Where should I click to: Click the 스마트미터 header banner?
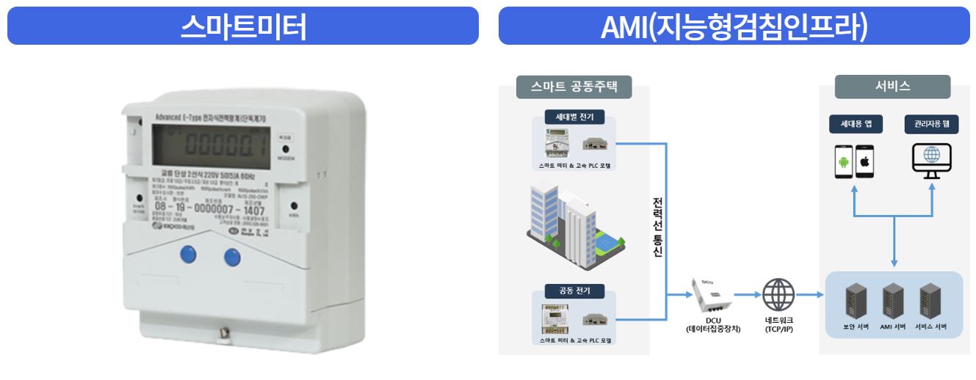242,26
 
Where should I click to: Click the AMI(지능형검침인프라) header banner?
734,26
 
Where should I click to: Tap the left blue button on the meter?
188,255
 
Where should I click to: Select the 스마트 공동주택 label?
574,87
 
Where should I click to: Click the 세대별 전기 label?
574,117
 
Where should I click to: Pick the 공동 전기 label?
574,291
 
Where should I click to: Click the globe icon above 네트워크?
778,296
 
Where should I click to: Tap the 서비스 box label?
893,87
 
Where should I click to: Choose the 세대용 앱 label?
856,124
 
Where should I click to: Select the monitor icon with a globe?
930,160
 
